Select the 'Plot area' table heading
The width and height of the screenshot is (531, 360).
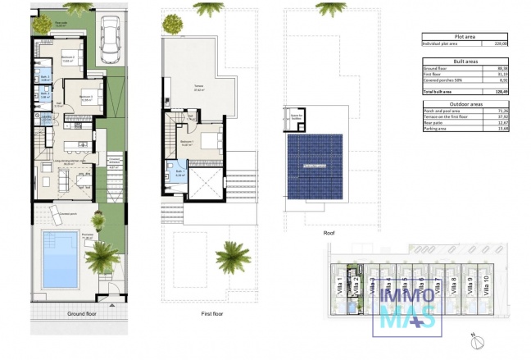click(x=466, y=36)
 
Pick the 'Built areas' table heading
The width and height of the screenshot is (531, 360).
click(x=466, y=62)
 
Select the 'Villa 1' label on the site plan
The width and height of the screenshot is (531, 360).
click(x=339, y=289)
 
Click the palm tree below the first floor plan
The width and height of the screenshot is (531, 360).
click(x=233, y=256)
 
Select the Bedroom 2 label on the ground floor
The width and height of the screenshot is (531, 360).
click(x=66, y=58)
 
